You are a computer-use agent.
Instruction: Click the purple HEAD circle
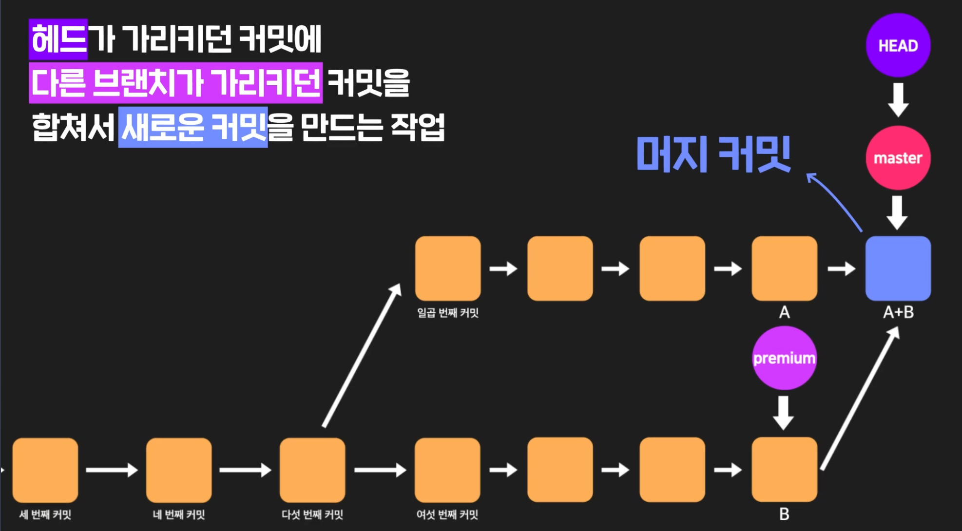coord(898,45)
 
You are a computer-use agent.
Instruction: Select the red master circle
coord(898,158)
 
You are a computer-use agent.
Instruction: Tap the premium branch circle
coord(784,358)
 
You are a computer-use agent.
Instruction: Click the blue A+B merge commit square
coord(898,268)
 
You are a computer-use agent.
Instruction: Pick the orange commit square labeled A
coord(784,268)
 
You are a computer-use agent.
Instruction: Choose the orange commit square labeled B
coord(784,470)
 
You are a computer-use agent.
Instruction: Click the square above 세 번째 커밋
coord(45,470)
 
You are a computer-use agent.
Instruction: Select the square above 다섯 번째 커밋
coord(312,470)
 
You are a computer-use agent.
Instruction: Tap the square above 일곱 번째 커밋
coord(448,268)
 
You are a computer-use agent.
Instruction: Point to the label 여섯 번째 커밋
coord(447,514)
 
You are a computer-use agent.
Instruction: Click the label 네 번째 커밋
coord(179,514)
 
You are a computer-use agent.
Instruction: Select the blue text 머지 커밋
coord(713,154)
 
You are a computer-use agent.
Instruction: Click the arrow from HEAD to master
coord(898,100)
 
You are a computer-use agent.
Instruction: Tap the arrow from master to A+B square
coord(897,212)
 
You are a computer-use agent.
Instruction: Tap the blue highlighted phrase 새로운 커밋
coord(193,127)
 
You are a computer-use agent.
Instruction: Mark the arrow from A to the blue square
coord(841,268)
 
